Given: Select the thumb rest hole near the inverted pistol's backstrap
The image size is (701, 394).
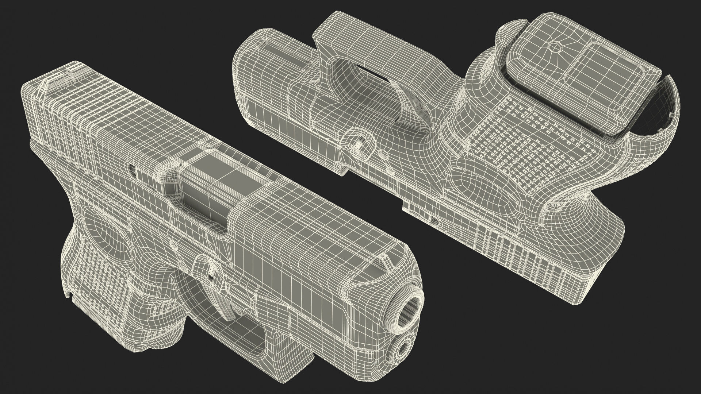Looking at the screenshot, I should click(x=552, y=208).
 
